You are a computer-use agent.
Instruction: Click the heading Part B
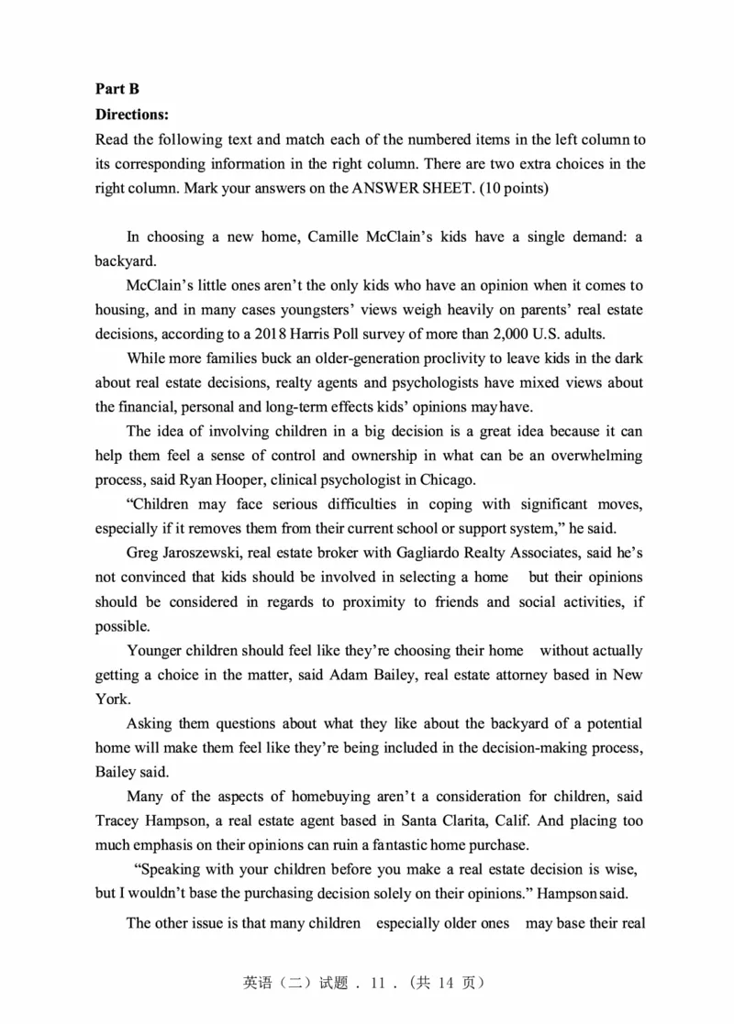coord(117,89)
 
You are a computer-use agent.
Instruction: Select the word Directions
coord(132,115)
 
